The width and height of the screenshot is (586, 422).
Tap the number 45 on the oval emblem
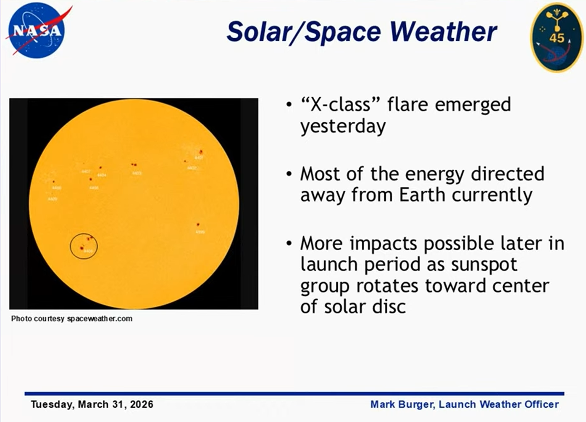tap(557, 38)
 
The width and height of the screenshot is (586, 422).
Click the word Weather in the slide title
tap(443, 32)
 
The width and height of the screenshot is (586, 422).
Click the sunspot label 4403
tap(137, 173)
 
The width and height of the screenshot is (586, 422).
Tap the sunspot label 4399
tap(200, 232)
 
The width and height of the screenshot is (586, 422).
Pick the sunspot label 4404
tap(102, 175)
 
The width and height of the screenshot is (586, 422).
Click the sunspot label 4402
tap(192, 168)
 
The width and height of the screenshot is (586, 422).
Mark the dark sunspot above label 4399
tap(198, 225)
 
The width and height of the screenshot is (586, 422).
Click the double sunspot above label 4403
tap(134, 165)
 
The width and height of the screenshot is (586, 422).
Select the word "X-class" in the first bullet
tap(336, 104)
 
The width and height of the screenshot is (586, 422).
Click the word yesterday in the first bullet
tap(343, 126)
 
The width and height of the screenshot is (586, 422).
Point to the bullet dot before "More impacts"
tap(288, 244)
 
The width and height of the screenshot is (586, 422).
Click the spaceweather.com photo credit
tap(100, 319)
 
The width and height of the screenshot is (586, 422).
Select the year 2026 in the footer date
tap(142, 404)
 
